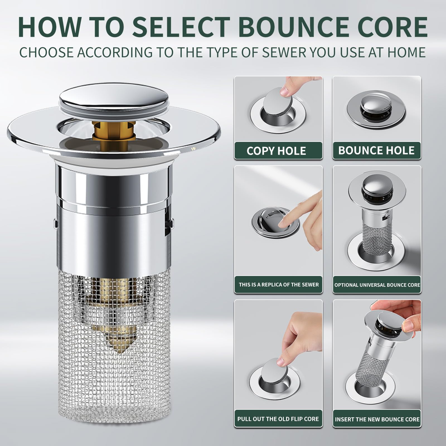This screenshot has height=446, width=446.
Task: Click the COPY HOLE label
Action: (x=276, y=151)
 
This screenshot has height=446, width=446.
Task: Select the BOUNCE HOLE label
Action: (x=376, y=151)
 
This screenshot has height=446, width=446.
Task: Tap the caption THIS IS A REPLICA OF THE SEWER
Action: (x=278, y=285)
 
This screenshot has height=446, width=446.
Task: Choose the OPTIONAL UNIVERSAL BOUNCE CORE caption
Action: (x=377, y=285)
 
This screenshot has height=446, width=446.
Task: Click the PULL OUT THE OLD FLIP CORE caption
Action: (x=278, y=419)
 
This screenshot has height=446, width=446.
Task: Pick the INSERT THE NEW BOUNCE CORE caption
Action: (x=377, y=419)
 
